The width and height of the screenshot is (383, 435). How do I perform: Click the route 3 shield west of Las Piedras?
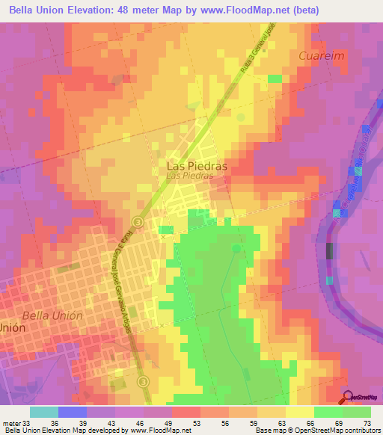[138, 222]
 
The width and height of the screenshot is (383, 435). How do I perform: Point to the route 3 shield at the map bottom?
[143, 382]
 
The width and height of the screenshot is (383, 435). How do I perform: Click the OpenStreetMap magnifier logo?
[349, 398]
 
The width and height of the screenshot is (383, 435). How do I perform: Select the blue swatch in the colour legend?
[73, 412]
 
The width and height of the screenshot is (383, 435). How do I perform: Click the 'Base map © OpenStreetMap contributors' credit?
[318, 430]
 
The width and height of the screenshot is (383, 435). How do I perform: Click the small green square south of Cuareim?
[275, 78]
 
